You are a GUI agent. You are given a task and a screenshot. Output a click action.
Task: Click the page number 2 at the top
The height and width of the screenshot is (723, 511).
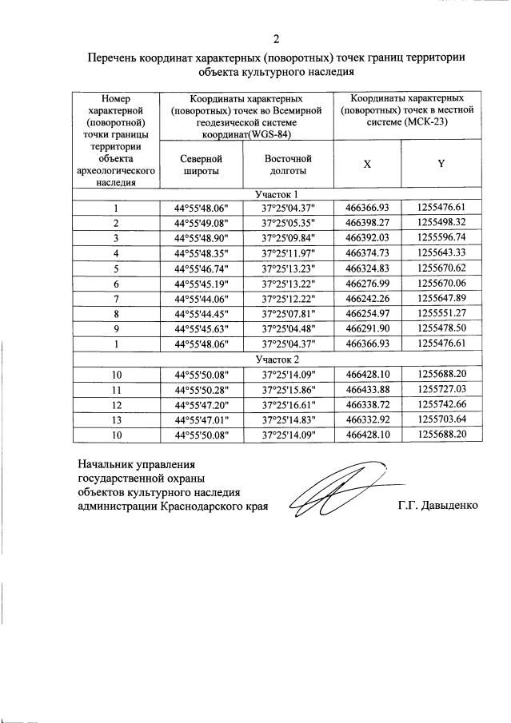[x=277, y=38]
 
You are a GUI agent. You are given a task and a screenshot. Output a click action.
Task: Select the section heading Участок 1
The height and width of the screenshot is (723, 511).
[x=277, y=194]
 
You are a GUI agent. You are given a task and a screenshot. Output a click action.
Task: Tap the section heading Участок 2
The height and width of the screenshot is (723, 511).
[x=277, y=360]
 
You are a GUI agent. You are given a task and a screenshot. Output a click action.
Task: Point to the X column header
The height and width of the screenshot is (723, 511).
[x=367, y=164]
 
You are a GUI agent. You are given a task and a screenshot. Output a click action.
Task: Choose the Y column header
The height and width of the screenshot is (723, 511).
[x=441, y=164]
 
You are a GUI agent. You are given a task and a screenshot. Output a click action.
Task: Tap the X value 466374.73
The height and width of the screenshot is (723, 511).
[x=367, y=252]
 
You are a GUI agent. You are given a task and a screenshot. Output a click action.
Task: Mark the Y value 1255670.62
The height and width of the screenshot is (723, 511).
[x=441, y=268]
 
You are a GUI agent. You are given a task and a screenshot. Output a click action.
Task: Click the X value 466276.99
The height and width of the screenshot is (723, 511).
[x=367, y=283]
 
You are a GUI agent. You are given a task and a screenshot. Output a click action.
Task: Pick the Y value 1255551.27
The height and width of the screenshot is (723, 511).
[x=441, y=313]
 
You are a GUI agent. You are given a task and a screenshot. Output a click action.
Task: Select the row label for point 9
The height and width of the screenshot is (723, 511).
[x=117, y=328]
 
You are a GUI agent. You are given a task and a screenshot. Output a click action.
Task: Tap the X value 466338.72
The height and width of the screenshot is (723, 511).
[x=367, y=404]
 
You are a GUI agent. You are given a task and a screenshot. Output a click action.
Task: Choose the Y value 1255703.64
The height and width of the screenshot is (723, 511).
[x=441, y=419]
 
